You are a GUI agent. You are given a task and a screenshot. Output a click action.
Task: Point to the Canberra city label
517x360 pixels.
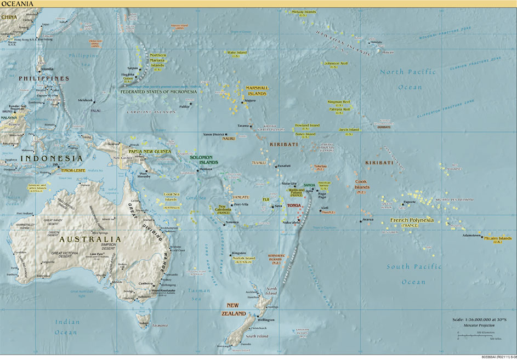[145, 283]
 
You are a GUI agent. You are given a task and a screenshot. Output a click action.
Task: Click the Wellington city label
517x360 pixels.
[266, 319]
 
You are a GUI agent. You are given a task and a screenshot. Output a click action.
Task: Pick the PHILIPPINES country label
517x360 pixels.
[43, 78]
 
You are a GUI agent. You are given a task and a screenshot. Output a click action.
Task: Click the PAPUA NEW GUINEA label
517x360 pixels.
[150, 151]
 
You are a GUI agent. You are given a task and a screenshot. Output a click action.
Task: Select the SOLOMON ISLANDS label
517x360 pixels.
[204, 159]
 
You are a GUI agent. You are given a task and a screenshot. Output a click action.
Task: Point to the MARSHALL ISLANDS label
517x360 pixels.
[256, 90]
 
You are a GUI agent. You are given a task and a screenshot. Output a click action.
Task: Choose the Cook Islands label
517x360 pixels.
[362, 184]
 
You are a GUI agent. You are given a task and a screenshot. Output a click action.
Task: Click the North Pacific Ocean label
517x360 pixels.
[408, 79]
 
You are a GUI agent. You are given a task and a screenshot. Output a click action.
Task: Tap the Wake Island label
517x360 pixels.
[237, 54]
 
